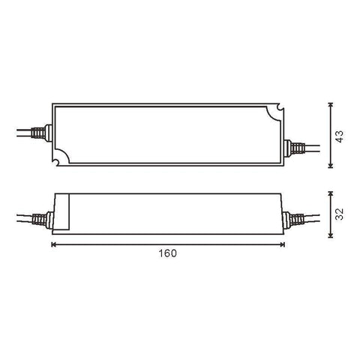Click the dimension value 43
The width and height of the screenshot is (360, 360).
tap(339, 136)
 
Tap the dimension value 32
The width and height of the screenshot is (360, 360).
tap(339, 214)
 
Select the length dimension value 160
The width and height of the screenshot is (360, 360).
tap(168, 253)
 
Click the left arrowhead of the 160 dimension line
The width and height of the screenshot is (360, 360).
tap(54, 244)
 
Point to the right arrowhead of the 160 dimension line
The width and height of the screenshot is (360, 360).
tap(283, 244)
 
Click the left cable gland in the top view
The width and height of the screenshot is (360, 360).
tap(49, 135)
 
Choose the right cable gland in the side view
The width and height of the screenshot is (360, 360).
tap(289, 220)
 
